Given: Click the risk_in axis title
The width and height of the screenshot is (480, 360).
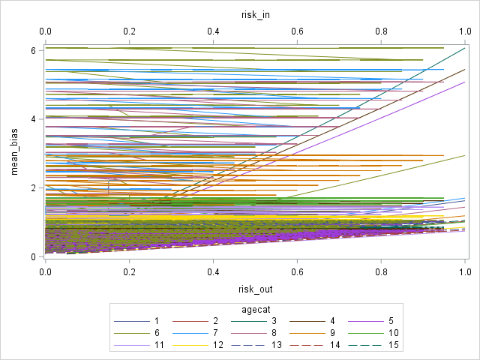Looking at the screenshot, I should click(254, 13).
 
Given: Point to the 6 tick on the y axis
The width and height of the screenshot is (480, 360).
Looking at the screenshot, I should click(33, 50).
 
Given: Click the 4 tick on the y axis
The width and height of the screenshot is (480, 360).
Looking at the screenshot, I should click(33, 118).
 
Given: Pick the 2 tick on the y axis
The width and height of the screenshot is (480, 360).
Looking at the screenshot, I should click(33, 187).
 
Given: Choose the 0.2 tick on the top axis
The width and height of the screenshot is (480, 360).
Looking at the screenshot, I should click(129, 32).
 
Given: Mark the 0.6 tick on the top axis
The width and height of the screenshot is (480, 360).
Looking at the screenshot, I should click(297, 32).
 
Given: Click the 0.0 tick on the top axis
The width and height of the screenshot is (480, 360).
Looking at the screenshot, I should click(45, 32).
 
